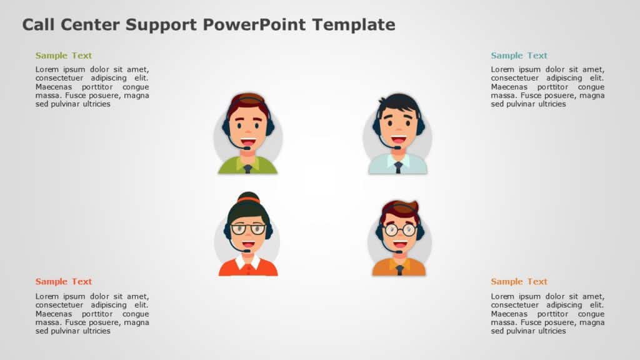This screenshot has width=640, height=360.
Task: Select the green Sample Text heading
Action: tap(64, 56)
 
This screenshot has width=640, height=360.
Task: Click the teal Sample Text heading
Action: tap(519, 56)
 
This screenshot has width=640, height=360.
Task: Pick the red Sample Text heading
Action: tap(64, 281)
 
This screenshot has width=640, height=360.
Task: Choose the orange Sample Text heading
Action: tap(519, 281)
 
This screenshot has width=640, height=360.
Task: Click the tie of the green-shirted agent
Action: tap(248, 169)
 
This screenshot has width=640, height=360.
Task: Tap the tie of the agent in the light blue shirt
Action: tap(398, 167)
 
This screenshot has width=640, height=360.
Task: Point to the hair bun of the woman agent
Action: tap(248, 197)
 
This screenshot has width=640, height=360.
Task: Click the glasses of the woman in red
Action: tap(248, 229)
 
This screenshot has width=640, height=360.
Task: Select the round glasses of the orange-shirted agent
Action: tap(399, 229)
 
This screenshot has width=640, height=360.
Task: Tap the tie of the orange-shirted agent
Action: tap(399, 270)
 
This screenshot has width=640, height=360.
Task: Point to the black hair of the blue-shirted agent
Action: tap(399, 102)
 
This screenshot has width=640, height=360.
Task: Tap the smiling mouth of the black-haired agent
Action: tap(399, 140)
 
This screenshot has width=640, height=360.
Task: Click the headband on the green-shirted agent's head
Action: tap(249, 97)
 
